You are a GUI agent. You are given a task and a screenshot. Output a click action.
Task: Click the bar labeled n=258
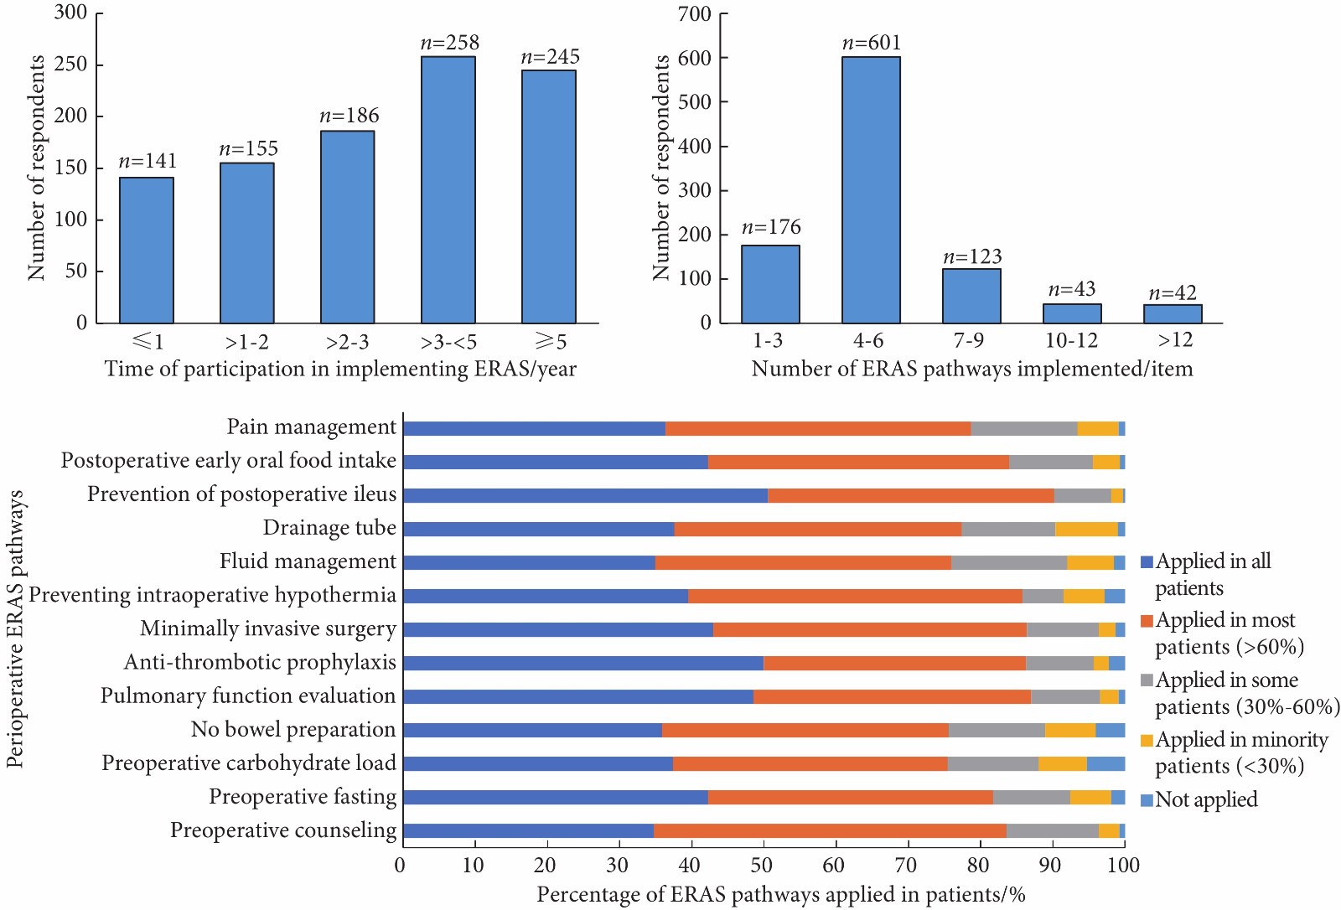pos(448,189)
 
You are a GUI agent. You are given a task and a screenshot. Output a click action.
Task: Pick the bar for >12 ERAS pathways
pos(1173,313)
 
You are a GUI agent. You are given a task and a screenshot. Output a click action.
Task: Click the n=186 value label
pos(349,116)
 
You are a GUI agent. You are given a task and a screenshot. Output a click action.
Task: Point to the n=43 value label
pos(1072,289)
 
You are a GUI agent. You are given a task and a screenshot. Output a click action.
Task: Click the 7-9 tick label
pos(969,340)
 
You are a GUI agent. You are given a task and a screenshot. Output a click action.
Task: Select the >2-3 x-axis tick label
pos(348,342)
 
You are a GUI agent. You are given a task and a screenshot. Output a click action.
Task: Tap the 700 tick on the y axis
pos(695,14)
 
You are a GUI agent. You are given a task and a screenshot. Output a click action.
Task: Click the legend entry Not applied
pos(1205,799)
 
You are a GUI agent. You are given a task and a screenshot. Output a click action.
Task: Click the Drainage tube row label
pos(329,528)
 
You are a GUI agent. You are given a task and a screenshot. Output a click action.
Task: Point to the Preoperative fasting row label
pos(303,797)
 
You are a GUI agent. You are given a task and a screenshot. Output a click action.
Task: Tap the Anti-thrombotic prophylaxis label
pos(260,662)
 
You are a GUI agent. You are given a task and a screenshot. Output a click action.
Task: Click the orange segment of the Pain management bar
pos(818,429)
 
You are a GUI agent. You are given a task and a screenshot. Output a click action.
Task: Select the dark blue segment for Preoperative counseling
pos(528,831)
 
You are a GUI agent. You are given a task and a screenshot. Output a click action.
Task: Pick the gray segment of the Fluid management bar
pos(1009,562)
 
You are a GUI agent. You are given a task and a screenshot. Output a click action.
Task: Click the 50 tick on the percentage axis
pos(762,865)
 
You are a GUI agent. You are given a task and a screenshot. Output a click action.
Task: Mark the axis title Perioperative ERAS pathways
pos(15,628)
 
